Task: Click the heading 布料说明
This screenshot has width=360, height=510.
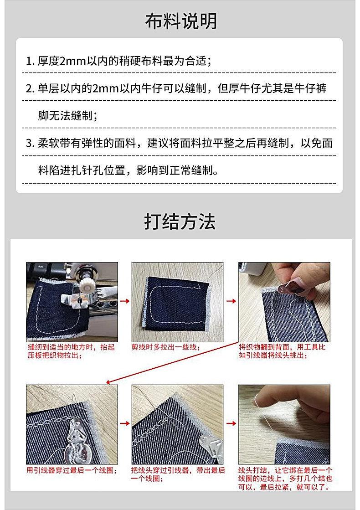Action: click(x=181, y=21)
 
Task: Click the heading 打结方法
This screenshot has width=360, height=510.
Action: click(x=180, y=222)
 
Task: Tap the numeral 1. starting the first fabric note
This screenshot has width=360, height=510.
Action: click(x=30, y=61)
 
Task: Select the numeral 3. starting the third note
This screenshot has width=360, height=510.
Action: click(x=30, y=143)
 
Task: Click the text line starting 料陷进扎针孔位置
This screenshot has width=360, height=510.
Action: click(x=128, y=170)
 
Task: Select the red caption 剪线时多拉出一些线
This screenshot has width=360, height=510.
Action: click(x=165, y=347)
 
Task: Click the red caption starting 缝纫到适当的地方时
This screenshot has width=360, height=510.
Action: click(x=71, y=351)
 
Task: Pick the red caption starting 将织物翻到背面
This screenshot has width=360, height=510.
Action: click(x=282, y=351)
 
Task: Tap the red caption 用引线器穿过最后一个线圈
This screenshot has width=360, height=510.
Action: click(x=72, y=470)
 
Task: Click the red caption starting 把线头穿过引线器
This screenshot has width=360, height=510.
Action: click(x=178, y=474)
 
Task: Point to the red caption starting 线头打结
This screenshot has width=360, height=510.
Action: click(x=285, y=479)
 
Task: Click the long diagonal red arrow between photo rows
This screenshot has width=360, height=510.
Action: click(x=172, y=362)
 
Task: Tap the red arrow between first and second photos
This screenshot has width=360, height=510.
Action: click(x=125, y=301)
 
